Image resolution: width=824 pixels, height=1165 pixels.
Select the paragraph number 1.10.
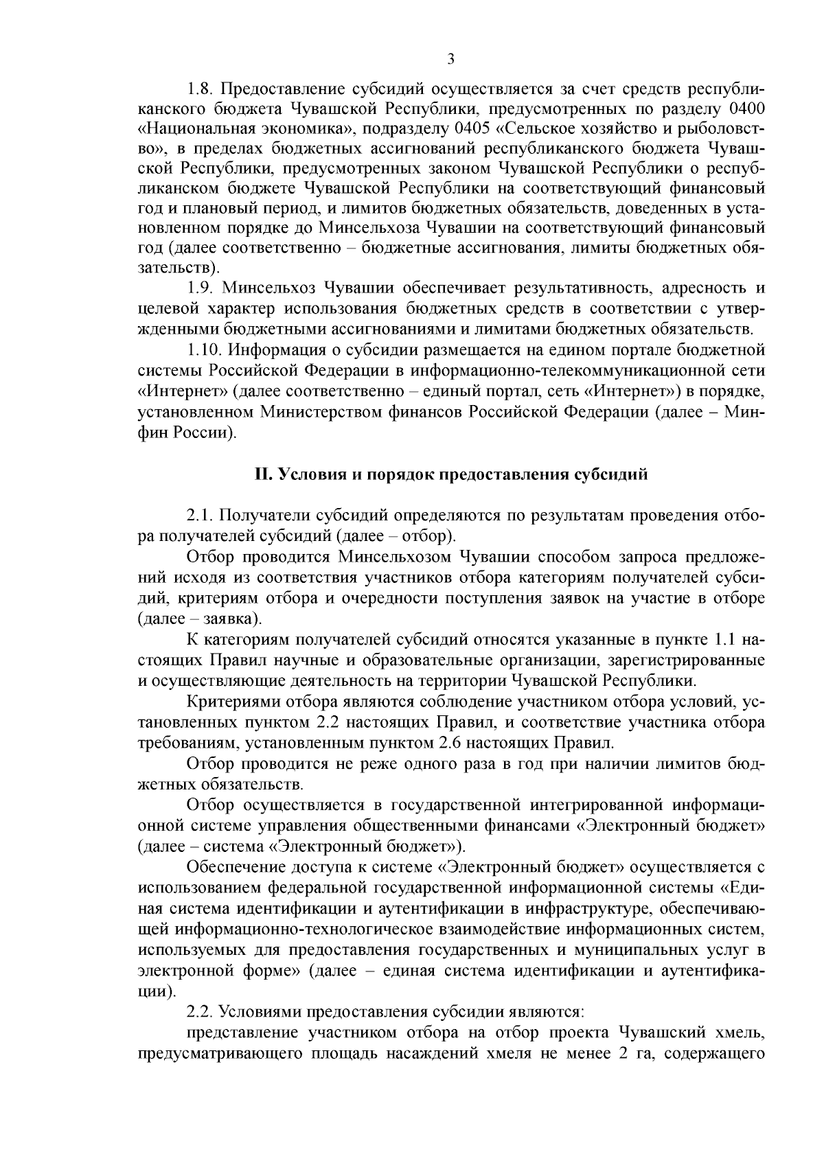pyautogui.click(x=204, y=351)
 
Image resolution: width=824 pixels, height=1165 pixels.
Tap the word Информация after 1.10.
pyautogui.click(x=271, y=351)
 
